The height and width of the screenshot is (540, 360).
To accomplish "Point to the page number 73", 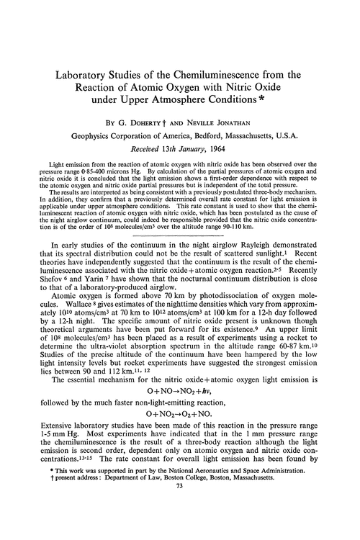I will [180, 526].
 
